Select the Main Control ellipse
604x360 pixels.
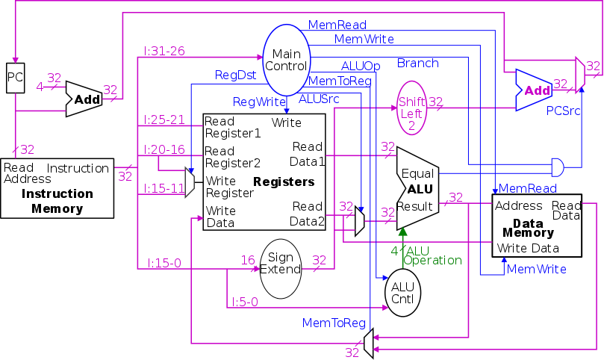pos(286,60)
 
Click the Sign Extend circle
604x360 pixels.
pos(280,269)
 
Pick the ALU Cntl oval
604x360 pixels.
pos(402,294)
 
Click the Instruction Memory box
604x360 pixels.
pos(57,187)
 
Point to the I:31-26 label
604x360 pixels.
pos(164,51)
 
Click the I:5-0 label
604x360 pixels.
pos(244,302)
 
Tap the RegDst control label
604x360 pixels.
pos(236,75)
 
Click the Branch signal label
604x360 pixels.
pos(417,63)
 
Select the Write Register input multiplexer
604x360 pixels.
pos(190,181)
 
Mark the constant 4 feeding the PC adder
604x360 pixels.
pos(40,86)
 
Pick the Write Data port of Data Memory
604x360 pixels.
pos(528,248)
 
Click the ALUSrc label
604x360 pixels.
pos(320,98)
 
